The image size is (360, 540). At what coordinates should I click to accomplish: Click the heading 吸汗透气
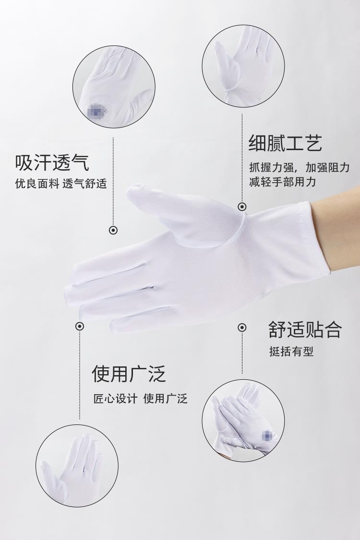52,163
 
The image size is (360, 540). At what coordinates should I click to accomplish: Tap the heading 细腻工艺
286,143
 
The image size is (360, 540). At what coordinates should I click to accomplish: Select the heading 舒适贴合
305,329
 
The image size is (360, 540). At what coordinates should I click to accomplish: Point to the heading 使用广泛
129,374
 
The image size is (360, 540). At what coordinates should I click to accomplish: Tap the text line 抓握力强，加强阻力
300,168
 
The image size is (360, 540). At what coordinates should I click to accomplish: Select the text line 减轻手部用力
282,182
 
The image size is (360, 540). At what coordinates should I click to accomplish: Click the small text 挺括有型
291,352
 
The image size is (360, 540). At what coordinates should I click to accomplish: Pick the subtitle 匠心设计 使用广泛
140,399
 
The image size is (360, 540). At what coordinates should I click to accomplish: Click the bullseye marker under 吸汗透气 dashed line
113,230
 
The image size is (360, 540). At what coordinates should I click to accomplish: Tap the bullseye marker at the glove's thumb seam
242,207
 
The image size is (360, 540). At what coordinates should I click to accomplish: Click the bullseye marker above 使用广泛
80,326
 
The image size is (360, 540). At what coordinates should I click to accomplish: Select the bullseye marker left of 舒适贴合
242,327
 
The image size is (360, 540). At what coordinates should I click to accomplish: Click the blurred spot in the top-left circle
97,111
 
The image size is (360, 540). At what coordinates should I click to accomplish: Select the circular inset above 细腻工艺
243,66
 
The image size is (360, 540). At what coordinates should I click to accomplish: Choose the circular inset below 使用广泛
77,466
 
